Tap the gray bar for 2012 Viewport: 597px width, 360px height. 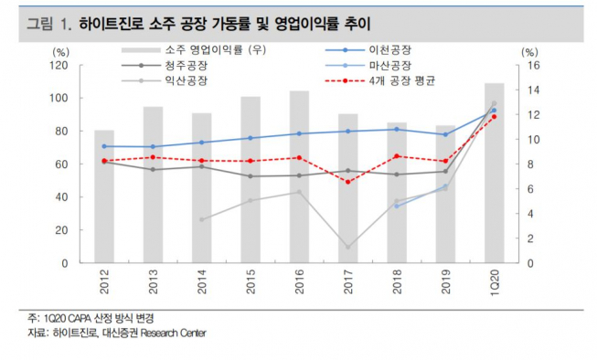(104, 196)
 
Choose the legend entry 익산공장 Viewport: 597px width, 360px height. (185, 83)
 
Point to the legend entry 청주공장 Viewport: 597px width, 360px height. (185, 67)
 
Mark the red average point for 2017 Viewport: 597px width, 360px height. (347, 182)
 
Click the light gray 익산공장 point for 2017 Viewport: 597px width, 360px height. (347, 247)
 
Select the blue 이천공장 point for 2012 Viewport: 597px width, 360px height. (104, 146)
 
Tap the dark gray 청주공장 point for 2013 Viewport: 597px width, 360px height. (153, 170)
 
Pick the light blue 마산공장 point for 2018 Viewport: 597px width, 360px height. (397, 206)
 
